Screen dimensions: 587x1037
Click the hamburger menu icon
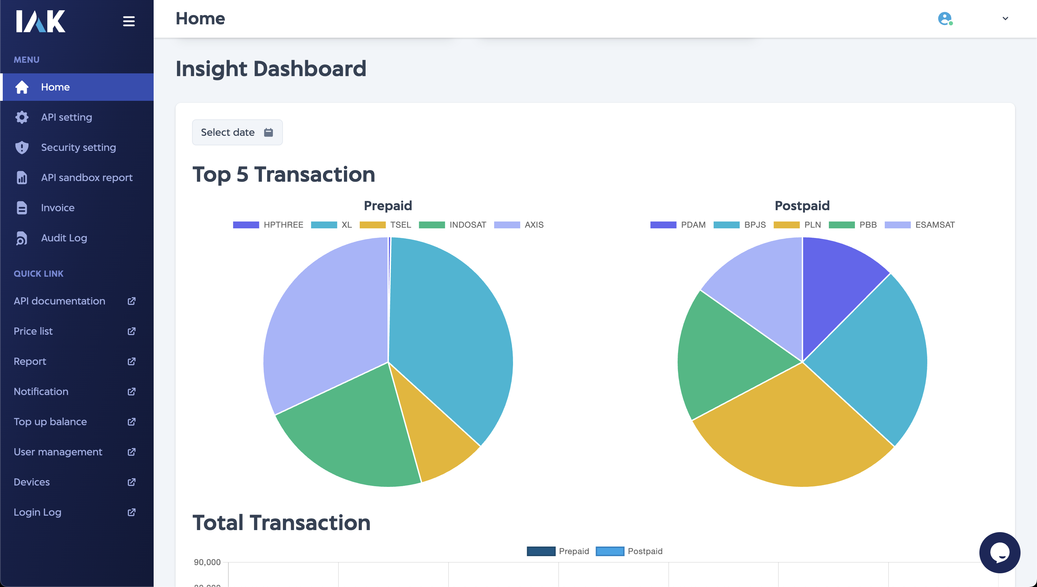pyautogui.click(x=129, y=21)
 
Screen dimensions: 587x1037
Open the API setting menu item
pyautogui.click(x=67, y=117)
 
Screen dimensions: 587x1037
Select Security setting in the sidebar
pyautogui.click(x=78, y=147)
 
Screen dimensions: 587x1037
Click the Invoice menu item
pyautogui.click(x=57, y=208)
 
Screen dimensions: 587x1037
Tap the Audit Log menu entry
pyautogui.click(x=64, y=238)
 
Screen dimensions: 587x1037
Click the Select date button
pyautogui.click(x=237, y=132)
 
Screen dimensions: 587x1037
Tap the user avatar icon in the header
pyautogui.click(x=945, y=19)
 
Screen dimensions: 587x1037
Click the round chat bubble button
pyautogui.click(x=1000, y=552)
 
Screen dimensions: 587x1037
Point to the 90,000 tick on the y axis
pyautogui.click(x=207, y=562)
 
